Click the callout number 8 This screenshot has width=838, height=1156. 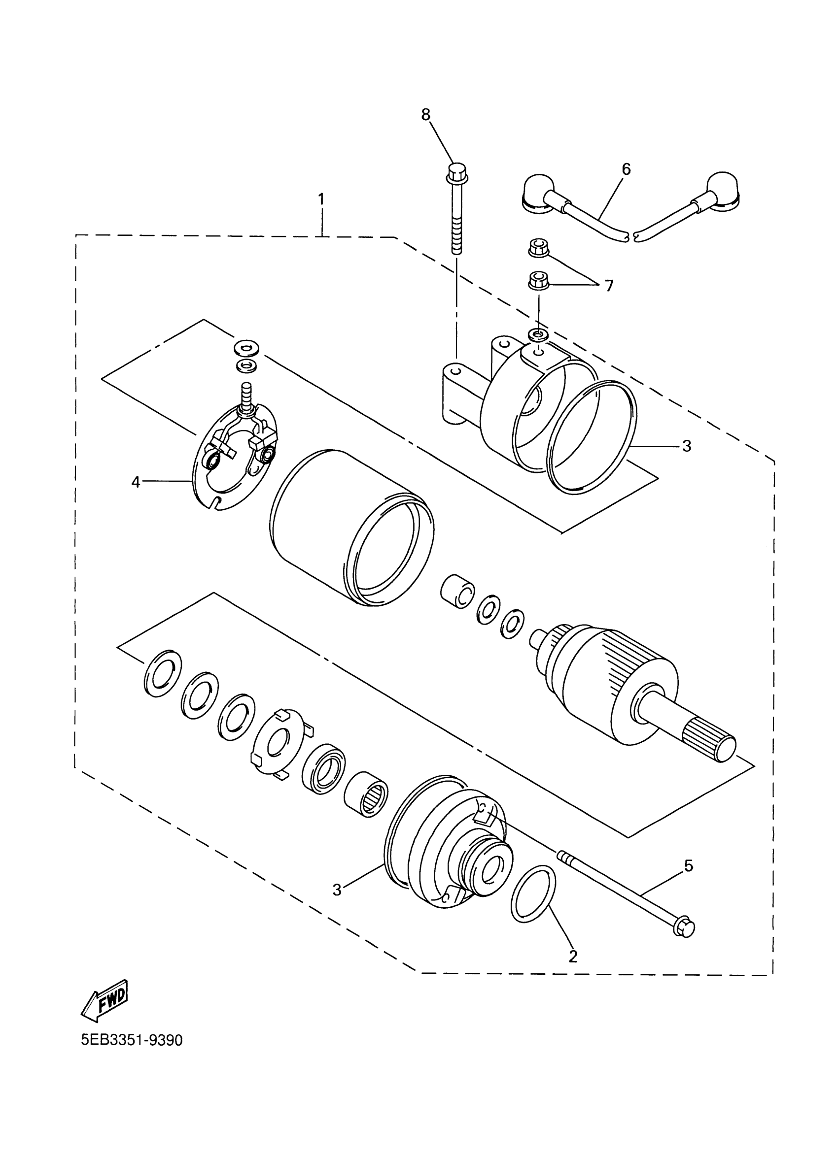pyautogui.click(x=425, y=115)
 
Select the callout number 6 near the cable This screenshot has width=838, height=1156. pyautogui.click(x=626, y=169)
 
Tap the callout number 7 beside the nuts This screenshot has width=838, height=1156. pyautogui.click(x=608, y=286)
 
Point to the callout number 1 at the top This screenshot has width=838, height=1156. pyautogui.click(x=321, y=199)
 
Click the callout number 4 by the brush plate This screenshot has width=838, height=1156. pyautogui.click(x=135, y=482)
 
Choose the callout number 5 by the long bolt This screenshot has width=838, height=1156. pyautogui.click(x=688, y=865)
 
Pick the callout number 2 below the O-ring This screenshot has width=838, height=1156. pyautogui.click(x=573, y=956)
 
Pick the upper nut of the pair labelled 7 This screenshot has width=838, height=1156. pyautogui.click(x=535, y=249)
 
